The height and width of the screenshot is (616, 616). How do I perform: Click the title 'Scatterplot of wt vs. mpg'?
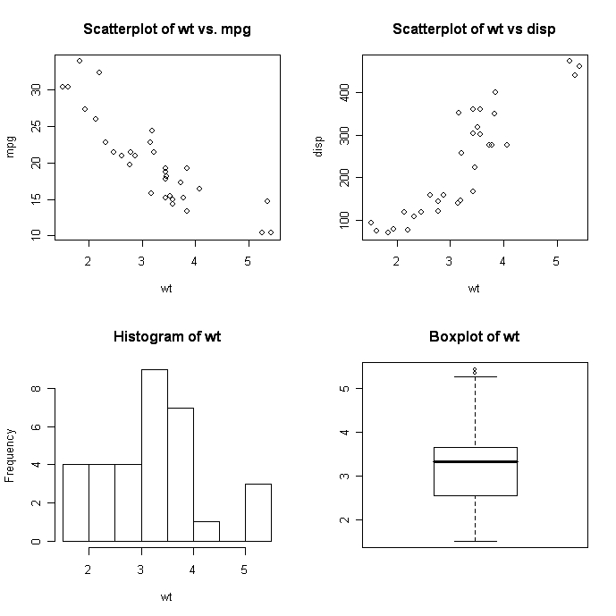click(x=167, y=30)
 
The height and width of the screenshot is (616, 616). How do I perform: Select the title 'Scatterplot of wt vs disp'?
click(x=474, y=30)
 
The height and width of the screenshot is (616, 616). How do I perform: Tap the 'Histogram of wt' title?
click(x=167, y=337)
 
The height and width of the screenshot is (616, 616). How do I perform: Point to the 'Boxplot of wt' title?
click(x=474, y=337)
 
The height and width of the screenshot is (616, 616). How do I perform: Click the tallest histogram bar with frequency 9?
click(x=154, y=456)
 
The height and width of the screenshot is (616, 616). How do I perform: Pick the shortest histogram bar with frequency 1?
click(x=206, y=531)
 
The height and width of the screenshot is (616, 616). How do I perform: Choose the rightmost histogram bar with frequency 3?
click(x=257, y=512)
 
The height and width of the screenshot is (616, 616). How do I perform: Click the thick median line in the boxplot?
click(x=475, y=461)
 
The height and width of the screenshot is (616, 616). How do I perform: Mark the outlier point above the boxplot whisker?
click(x=475, y=370)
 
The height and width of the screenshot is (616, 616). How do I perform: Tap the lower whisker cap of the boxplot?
click(x=475, y=541)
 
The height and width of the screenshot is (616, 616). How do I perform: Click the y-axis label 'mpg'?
click(x=13, y=147)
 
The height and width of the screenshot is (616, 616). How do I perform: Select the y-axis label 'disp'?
click(x=319, y=147)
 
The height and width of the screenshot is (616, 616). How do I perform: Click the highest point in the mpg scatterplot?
click(x=80, y=61)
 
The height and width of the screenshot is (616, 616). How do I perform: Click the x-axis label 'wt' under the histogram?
click(x=166, y=595)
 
